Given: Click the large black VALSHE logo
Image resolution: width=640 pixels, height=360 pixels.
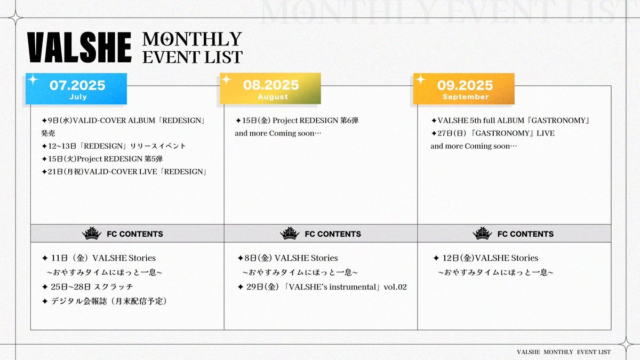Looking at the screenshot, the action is point(79,47).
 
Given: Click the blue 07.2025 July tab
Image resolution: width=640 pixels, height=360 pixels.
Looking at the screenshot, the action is point(76,89).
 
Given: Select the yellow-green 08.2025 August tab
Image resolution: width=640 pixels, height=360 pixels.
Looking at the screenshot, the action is point(270,89).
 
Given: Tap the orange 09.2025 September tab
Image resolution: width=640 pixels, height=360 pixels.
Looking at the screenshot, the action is point(463,89).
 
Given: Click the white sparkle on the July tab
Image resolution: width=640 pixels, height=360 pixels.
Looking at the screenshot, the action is point(33,79).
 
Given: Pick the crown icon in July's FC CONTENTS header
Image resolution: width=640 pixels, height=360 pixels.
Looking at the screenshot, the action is point(92,234).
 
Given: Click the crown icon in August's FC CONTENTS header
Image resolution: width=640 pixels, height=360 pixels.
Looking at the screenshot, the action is point(290,234).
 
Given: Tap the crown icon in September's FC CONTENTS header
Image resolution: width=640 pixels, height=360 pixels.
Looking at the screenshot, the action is point(482,234).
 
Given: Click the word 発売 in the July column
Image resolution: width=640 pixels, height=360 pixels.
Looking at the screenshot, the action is point(49,133).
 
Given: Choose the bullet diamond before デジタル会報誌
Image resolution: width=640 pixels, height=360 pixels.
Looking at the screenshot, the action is point(45,301).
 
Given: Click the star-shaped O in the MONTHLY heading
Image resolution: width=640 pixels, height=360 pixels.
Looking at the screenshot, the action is point(165,39).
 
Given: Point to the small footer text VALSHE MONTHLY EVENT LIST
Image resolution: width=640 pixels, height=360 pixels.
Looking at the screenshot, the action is point(564,352).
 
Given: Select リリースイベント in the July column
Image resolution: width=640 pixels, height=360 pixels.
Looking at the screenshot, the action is point(158,146).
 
